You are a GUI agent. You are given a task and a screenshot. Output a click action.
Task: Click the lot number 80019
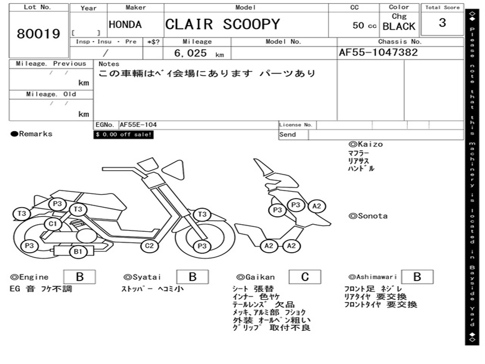[38, 34]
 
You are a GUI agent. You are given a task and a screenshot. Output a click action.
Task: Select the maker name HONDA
[125, 25]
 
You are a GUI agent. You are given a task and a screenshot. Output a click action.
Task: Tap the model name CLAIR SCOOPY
[223, 25]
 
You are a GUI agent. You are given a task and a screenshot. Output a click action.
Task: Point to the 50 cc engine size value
[364, 26]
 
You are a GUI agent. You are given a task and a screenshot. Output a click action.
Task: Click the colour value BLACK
[399, 27]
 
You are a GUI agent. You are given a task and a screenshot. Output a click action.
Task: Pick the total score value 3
[442, 23]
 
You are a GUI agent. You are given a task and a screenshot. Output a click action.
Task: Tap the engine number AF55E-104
[138, 125]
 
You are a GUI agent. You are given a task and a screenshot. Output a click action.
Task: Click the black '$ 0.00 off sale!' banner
[124, 135]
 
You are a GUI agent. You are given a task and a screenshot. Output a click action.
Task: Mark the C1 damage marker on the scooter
[53, 224]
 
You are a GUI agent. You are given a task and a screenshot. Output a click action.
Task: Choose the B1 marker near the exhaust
[78, 252]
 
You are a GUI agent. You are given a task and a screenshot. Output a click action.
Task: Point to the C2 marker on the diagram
[149, 246]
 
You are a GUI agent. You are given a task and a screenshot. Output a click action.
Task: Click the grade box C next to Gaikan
[305, 277]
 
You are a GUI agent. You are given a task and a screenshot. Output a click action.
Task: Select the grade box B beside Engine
[79, 277]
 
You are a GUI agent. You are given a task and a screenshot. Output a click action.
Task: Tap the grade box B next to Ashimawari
[417, 277]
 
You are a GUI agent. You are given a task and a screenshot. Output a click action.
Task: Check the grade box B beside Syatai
[192, 277]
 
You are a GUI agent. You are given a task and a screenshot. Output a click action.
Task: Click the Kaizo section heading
[366, 144]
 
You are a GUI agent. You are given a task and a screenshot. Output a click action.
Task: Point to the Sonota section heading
[368, 216]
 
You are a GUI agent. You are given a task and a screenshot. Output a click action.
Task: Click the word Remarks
[36, 134]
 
